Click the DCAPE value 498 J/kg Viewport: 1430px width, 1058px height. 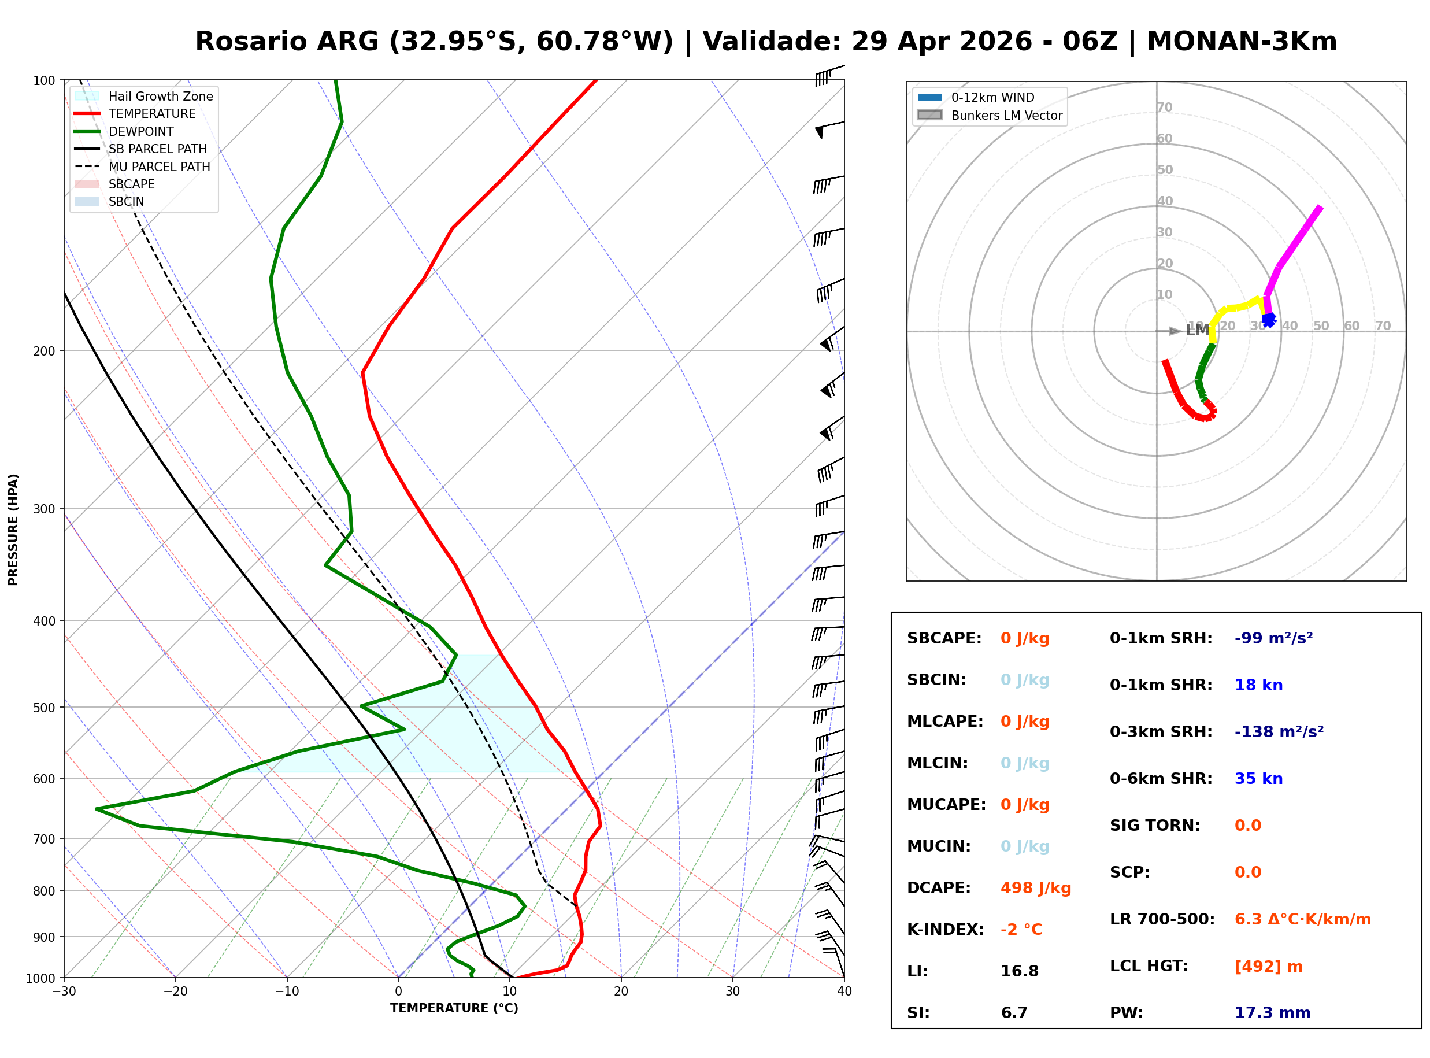(x=1035, y=887)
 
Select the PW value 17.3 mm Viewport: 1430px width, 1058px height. (x=1272, y=1012)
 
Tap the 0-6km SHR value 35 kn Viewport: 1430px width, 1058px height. (x=1258, y=778)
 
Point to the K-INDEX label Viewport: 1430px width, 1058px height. (x=945, y=929)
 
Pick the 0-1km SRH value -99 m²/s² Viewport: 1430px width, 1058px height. (x=1273, y=638)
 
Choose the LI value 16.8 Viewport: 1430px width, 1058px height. (x=1019, y=971)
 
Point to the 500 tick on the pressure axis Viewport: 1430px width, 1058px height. (x=45, y=707)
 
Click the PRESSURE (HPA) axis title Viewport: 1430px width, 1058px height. (x=13, y=529)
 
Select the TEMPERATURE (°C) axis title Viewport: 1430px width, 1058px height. (x=454, y=1008)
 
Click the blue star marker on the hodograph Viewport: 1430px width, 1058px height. (x=1268, y=319)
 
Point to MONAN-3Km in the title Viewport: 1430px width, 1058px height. (x=1241, y=42)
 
